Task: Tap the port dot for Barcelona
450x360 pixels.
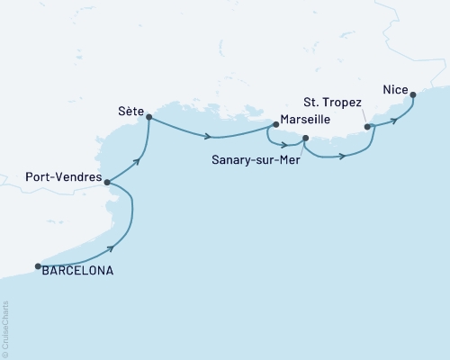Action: coord(38,266)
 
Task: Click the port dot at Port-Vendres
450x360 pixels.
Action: coord(107,182)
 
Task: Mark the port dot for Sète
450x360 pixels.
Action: coord(148,117)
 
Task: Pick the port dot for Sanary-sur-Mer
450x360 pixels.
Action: coord(306,138)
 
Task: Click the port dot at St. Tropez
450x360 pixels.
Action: coord(367,127)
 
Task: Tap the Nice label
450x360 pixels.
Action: coord(394,88)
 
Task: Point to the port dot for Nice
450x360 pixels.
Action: coord(412,94)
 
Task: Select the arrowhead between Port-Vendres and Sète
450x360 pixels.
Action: coord(139,162)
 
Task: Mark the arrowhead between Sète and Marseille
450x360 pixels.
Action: coord(209,137)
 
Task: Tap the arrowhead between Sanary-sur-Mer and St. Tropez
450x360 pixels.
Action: coord(343,157)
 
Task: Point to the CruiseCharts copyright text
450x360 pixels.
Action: coord(6,329)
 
